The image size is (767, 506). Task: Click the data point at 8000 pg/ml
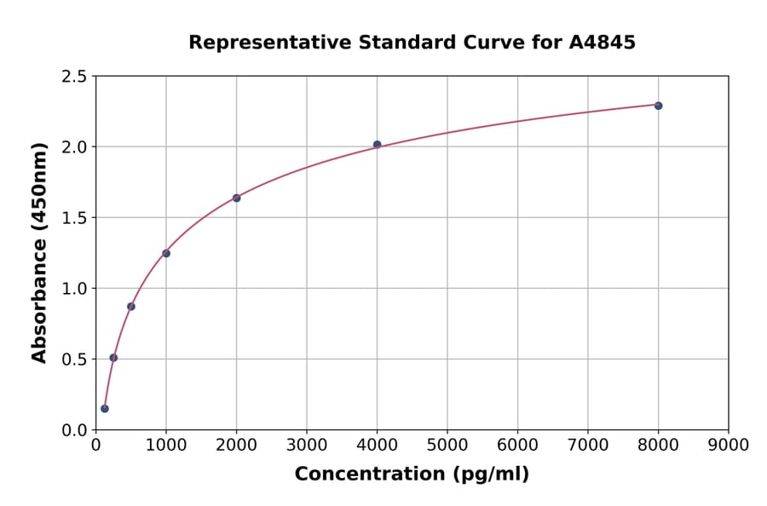tap(658, 106)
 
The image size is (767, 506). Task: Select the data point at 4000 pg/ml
tap(377, 145)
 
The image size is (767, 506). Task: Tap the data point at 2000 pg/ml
tap(236, 198)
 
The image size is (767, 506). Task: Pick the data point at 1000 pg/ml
tap(166, 253)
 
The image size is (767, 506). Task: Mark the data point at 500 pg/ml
tap(131, 306)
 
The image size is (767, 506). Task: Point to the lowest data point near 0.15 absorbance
tap(105, 408)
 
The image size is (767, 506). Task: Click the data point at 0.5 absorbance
tap(113, 358)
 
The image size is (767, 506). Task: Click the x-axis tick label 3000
tap(307, 446)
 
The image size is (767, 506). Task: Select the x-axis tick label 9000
tap(729, 446)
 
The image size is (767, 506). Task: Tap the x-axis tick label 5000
tap(447, 446)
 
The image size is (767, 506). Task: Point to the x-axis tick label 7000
tap(588, 446)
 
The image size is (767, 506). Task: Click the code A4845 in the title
tap(603, 43)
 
